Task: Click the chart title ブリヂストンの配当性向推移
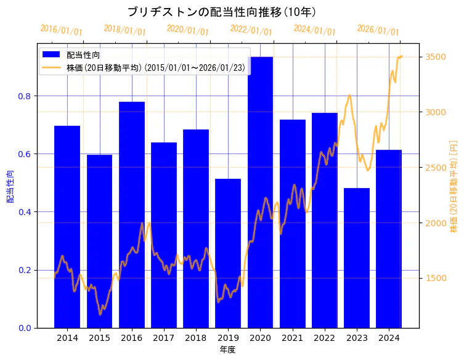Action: click(221, 12)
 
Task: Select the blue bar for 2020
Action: click(260, 192)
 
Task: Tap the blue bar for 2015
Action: click(99, 241)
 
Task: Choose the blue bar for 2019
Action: click(228, 253)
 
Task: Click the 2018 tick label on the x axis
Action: click(196, 338)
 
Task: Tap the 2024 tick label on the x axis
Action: click(389, 338)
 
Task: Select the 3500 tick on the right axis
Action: click(436, 57)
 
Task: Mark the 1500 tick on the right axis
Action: click(436, 278)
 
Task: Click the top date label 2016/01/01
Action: click(61, 30)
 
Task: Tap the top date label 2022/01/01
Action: click(251, 30)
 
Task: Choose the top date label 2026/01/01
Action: click(378, 30)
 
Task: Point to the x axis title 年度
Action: click(227, 350)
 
